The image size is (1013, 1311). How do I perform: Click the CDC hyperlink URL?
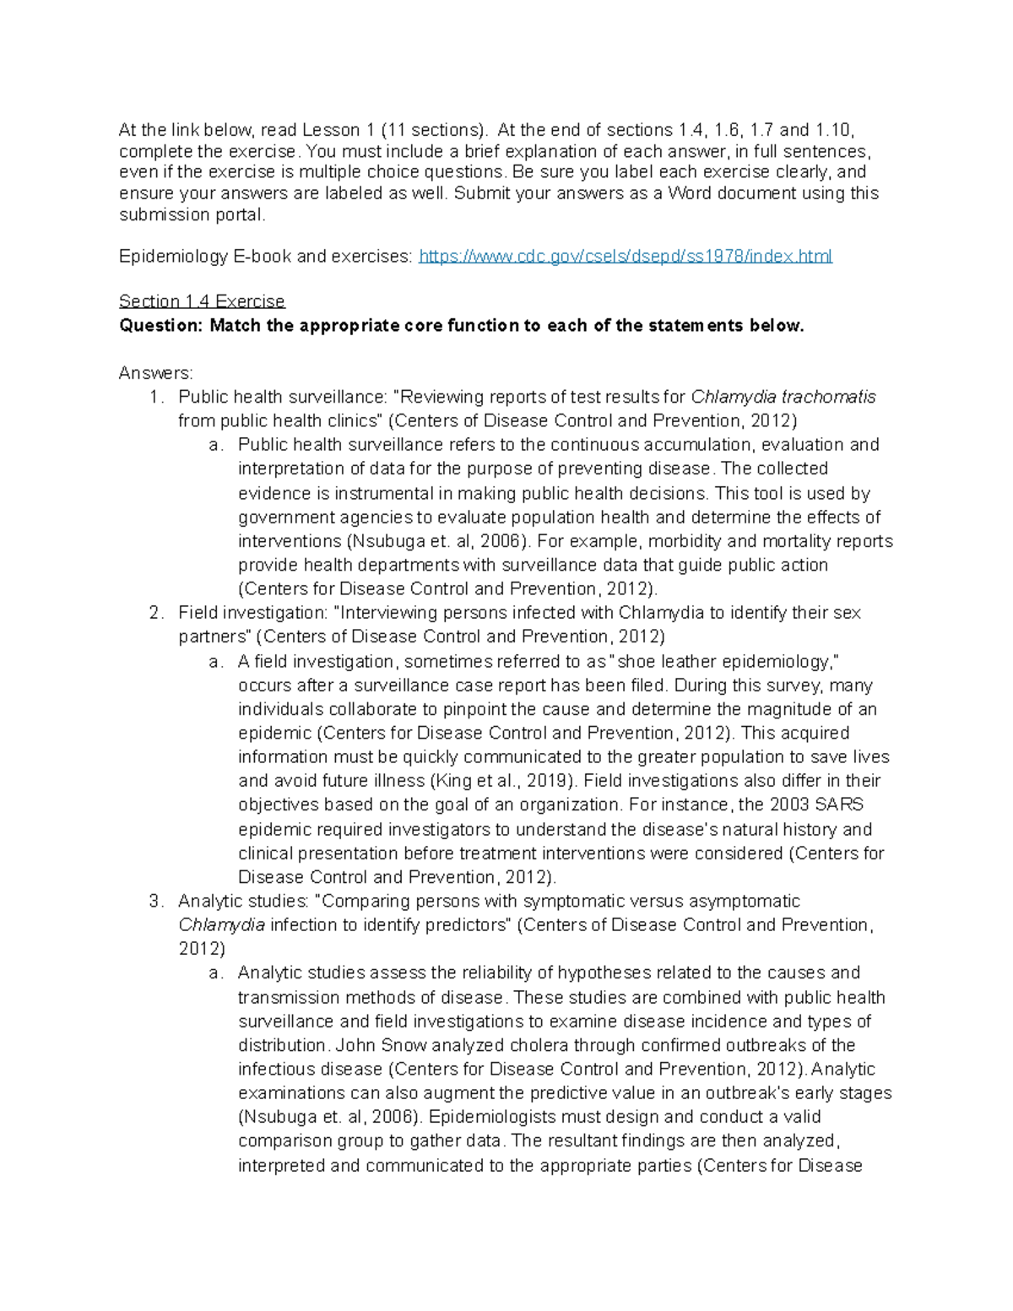click(x=626, y=257)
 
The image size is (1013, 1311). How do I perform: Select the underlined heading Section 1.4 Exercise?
click(x=202, y=301)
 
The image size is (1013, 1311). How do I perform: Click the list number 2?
click(x=155, y=613)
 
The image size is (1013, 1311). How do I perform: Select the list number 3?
click(x=155, y=902)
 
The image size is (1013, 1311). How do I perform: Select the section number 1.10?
click(x=834, y=130)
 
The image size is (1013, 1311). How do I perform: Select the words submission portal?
click(x=192, y=215)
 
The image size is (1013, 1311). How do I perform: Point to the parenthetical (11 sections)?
click(x=434, y=130)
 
